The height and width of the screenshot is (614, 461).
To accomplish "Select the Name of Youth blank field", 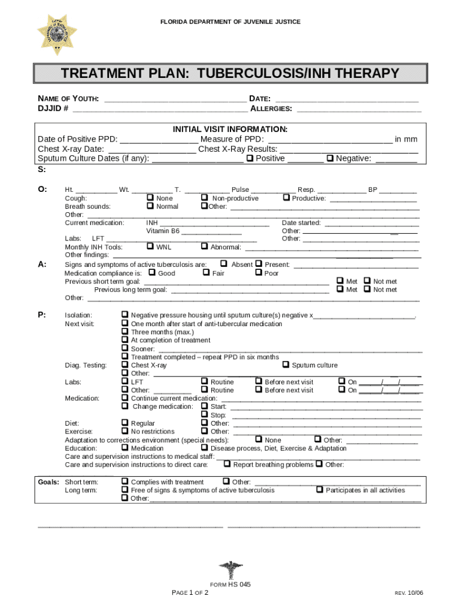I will [x=175, y=99].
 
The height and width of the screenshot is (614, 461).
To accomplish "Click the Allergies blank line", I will [x=359, y=109].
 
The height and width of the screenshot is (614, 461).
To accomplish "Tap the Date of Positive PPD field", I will [x=159, y=140].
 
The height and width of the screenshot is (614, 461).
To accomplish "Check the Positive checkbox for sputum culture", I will [x=250, y=158].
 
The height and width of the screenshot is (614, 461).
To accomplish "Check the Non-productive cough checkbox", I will [x=205, y=198].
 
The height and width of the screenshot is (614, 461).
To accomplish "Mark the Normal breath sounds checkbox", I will [x=150, y=206].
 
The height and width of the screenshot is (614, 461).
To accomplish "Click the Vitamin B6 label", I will [x=163, y=231].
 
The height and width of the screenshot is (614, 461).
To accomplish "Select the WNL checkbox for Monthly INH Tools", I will [x=150, y=246].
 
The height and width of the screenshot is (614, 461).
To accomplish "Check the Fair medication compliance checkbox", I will [x=205, y=273].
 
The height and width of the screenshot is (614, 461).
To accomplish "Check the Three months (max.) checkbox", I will [x=125, y=332].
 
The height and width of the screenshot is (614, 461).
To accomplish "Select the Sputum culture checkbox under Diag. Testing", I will [x=286, y=365].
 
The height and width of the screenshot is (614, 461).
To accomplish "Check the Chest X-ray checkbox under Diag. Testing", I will [x=125, y=365].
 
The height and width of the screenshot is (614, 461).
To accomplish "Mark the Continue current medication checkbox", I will [x=125, y=398].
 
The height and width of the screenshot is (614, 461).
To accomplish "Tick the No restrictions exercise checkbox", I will [x=125, y=431].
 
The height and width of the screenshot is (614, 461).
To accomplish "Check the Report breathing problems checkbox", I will [x=227, y=464].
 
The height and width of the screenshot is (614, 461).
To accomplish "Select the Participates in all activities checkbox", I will [x=320, y=490].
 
